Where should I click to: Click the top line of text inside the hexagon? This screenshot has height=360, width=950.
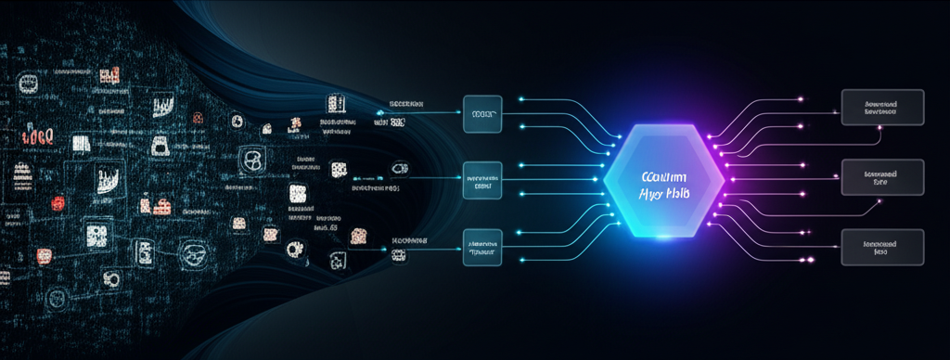coord(662,175)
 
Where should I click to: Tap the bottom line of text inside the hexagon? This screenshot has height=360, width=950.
coord(662,192)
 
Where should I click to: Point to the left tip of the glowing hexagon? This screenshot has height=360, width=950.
coord(604,183)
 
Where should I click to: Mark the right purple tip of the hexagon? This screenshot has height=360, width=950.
coord(725,182)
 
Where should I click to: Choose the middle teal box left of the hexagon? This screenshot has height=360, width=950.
coord(481,181)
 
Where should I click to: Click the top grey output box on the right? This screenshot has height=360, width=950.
coord(881,108)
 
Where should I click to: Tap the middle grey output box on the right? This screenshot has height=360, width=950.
coord(881,176)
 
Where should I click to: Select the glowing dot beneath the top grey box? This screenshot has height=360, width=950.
coord(879,131)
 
